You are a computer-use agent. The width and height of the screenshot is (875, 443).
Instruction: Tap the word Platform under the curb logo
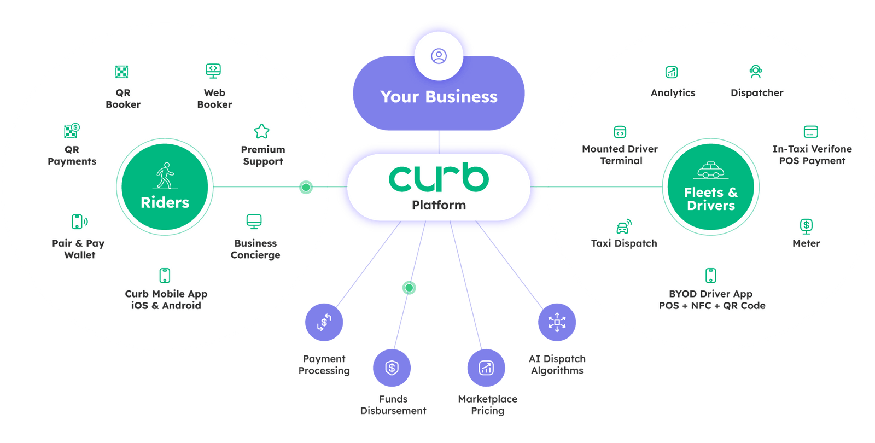(x=439, y=205)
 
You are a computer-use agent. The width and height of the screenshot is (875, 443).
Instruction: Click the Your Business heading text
(x=439, y=97)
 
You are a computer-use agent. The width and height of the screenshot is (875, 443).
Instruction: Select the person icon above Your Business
(x=439, y=56)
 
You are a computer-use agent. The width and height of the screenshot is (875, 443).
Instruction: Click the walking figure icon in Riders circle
(x=165, y=175)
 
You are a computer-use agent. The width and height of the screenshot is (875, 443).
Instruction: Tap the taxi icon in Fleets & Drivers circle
(x=710, y=170)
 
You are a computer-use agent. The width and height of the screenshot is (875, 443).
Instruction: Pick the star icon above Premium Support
(x=262, y=131)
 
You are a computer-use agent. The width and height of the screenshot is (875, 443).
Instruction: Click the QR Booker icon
(x=121, y=72)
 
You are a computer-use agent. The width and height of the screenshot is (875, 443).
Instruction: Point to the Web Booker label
(x=214, y=98)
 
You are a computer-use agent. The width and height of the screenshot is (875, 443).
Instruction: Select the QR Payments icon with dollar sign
(x=72, y=130)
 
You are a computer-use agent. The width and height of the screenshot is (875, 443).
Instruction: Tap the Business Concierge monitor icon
(x=254, y=221)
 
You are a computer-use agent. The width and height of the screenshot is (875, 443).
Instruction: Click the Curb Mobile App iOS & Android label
(x=166, y=300)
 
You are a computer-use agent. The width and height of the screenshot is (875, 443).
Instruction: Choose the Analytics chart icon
(x=672, y=72)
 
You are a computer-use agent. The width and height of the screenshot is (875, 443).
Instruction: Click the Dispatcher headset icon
(x=756, y=71)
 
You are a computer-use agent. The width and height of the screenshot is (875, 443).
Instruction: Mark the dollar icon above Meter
(x=806, y=225)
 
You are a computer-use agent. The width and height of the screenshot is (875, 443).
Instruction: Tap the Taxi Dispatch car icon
(x=623, y=226)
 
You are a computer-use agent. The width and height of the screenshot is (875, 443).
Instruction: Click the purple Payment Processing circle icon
(x=324, y=322)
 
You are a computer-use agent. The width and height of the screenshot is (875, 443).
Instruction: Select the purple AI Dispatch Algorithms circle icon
(x=557, y=322)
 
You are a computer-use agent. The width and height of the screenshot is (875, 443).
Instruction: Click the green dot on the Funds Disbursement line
(x=409, y=288)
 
